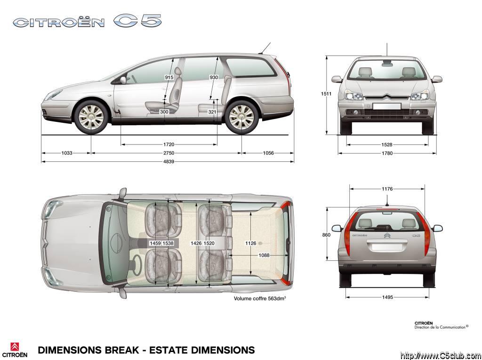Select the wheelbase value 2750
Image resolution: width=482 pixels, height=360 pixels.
pyautogui.click(x=169, y=153)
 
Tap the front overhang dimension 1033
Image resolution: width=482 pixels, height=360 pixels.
pyautogui.click(x=67, y=153)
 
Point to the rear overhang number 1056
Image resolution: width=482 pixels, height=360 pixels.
pyautogui.click(x=268, y=153)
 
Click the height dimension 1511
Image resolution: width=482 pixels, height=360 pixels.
pyautogui.click(x=326, y=94)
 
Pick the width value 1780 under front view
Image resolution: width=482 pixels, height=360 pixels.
pyautogui.click(x=387, y=153)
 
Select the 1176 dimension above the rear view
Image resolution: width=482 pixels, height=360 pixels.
pyautogui.click(x=387, y=189)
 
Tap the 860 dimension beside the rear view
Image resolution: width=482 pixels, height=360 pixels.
pyautogui.click(x=327, y=235)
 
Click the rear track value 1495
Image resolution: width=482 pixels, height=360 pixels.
pyautogui.click(x=387, y=297)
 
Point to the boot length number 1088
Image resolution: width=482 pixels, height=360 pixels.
pyautogui.click(x=264, y=255)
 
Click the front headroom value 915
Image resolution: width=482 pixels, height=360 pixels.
pyautogui.click(x=169, y=78)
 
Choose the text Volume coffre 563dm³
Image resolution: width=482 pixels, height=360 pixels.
pyautogui.click(x=260, y=298)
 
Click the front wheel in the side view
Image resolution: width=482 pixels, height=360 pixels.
pyautogui.click(x=91, y=117)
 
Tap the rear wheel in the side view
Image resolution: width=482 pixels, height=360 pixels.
pyautogui.click(x=241, y=117)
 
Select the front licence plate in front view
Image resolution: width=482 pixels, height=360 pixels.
pyautogui.click(x=387, y=106)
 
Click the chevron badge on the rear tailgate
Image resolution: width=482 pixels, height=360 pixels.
pyautogui.click(x=387, y=236)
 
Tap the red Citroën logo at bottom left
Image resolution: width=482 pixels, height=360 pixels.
pyautogui.click(x=15, y=346)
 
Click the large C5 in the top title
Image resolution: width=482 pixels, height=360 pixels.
pyautogui.click(x=137, y=21)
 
